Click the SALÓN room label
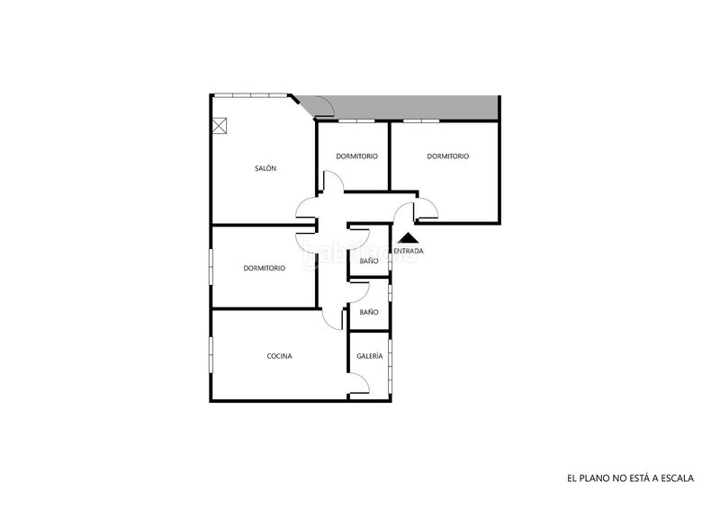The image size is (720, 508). coord(265,168)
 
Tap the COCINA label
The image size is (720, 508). coord(279,356)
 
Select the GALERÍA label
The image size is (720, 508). coord(370,356)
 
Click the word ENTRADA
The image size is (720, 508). coord(409,251)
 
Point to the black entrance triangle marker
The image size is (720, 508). coord(409,238)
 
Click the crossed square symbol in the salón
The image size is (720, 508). coord(220,125)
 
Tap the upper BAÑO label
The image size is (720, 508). coord(369,261)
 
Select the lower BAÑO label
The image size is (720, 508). coord(369,312)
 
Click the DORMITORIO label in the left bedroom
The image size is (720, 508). coord(264,268)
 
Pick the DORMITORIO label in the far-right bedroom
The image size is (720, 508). coord(448,156)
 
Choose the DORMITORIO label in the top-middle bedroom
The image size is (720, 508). coord(356,156)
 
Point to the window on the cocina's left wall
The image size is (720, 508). coord(211,355)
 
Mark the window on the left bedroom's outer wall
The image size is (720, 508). coord(211,267)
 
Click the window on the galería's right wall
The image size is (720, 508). coord(390,366)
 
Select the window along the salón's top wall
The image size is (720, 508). coord(251,95)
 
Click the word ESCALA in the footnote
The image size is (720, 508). coord(678,478)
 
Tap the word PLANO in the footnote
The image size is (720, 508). coord(594,478)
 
